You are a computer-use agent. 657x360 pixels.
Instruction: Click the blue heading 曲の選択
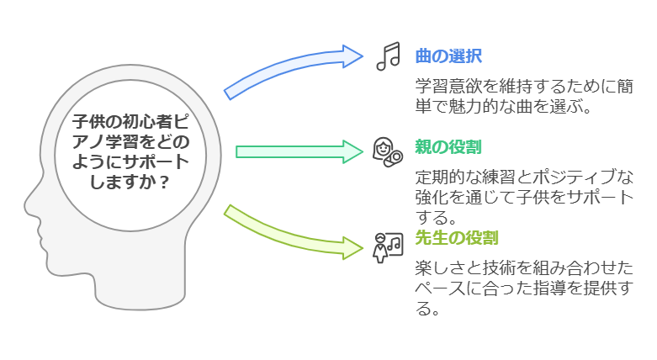pyautogui.click(x=448, y=56)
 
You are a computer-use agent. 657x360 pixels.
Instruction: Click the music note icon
pyautogui.click(x=388, y=56)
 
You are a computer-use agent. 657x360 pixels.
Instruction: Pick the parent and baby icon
pyautogui.click(x=386, y=149)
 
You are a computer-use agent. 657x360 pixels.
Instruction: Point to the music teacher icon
pyautogui.click(x=387, y=245)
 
